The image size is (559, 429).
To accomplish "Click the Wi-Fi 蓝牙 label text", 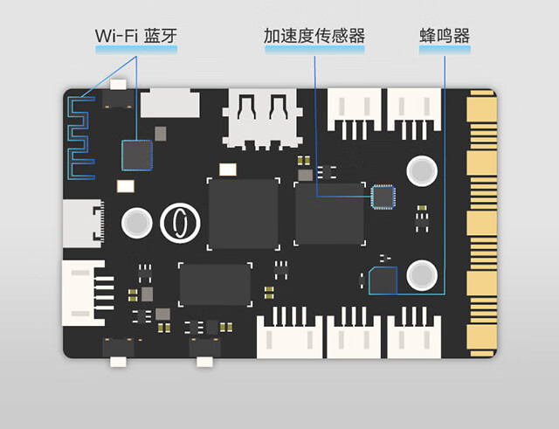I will pyautogui.click(x=137, y=36).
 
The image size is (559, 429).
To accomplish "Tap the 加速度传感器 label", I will pyautogui.click(x=314, y=36).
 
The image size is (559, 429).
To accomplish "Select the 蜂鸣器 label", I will pyautogui.click(x=445, y=36).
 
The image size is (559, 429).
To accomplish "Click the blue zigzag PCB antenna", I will pyautogui.click(x=79, y=135).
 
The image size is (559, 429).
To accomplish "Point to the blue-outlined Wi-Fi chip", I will pyautogui.click(x=136, y=156).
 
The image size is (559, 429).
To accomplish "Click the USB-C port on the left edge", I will pyautogui.click(x=84, y=221).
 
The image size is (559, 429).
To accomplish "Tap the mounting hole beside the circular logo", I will pyautogui.click(x=136, y=223).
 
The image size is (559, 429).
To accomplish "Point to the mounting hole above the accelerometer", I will pyautogui.click(x=423, y=170).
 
